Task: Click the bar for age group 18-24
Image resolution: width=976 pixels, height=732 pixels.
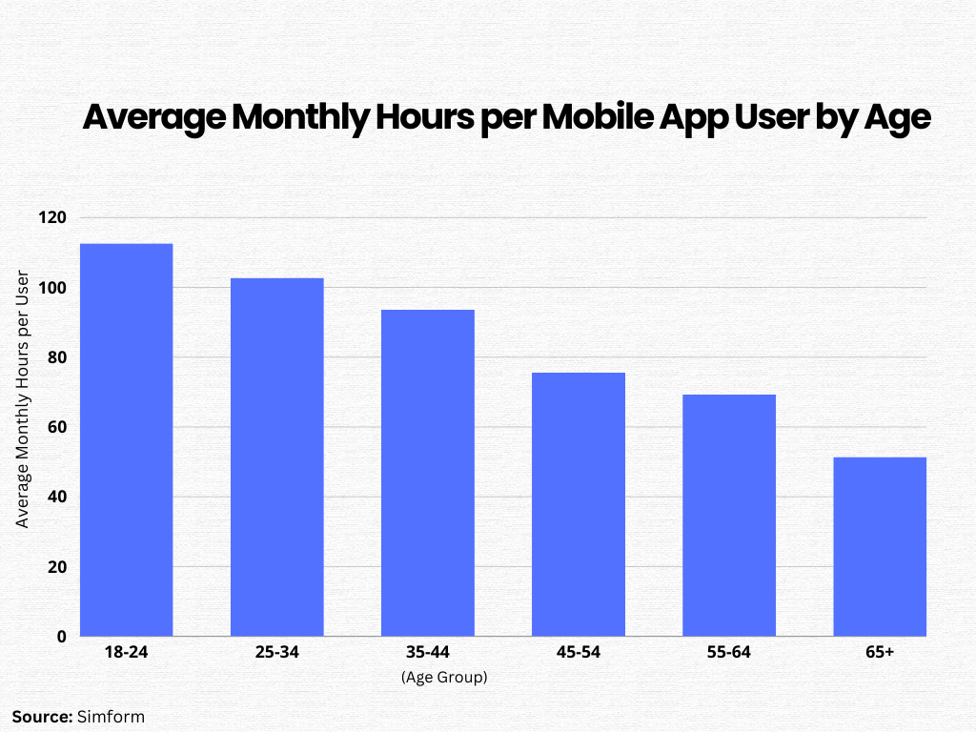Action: pyautogui.click(x=126, y=439)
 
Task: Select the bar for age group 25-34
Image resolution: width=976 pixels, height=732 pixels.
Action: pyautogui.click(x=277, y=457)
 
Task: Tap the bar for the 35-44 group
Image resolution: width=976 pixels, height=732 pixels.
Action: pyautogui.click(x=428, y=473)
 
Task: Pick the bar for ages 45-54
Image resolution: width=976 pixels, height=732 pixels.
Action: pyautogui.click(x=579, y=504)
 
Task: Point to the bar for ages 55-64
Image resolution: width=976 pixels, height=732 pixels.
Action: pyautogui.click(x=729, y=515)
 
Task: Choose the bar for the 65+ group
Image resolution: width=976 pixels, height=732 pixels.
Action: pyautogui.click(x=880, y=546)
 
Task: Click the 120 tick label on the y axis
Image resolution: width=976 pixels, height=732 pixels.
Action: pyautogui.click(x=52, y=218)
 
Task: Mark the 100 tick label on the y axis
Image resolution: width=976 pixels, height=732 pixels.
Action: pyautogui.click(x=52, y=288)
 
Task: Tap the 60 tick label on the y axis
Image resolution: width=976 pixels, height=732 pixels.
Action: pyautogui.click(x=57, y=427)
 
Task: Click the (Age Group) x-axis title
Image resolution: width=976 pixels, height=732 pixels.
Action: pyautogui.click(x=444, y=678)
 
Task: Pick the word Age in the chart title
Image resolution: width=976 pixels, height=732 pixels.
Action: pyautogui.click(x=896, y=118)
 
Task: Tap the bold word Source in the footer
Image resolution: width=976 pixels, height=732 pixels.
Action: pyautogui.click(x=42, y=716)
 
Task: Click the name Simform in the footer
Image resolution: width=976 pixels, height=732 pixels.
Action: pyautogui.click(x=112, y=716)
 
